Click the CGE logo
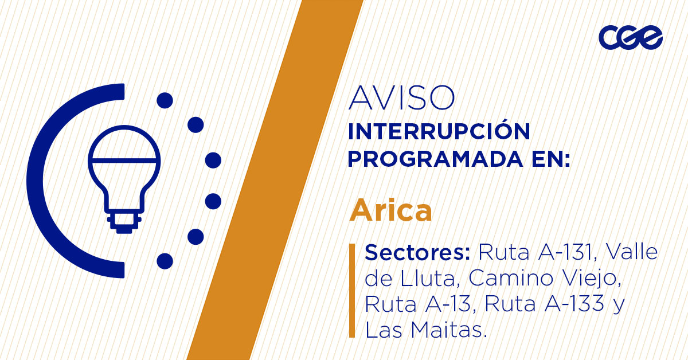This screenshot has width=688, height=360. pos(630,38)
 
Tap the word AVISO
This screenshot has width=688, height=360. pos(401,99)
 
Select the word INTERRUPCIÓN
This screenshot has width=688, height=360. pos(439,132)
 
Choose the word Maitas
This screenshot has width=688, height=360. pos(451,330)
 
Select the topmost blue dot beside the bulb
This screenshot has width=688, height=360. pos(165,101)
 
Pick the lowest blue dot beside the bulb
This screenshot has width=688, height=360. pos(165,261)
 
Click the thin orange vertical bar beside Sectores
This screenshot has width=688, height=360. pos(351,291)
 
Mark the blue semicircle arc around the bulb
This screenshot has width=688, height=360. pos(43,181)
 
